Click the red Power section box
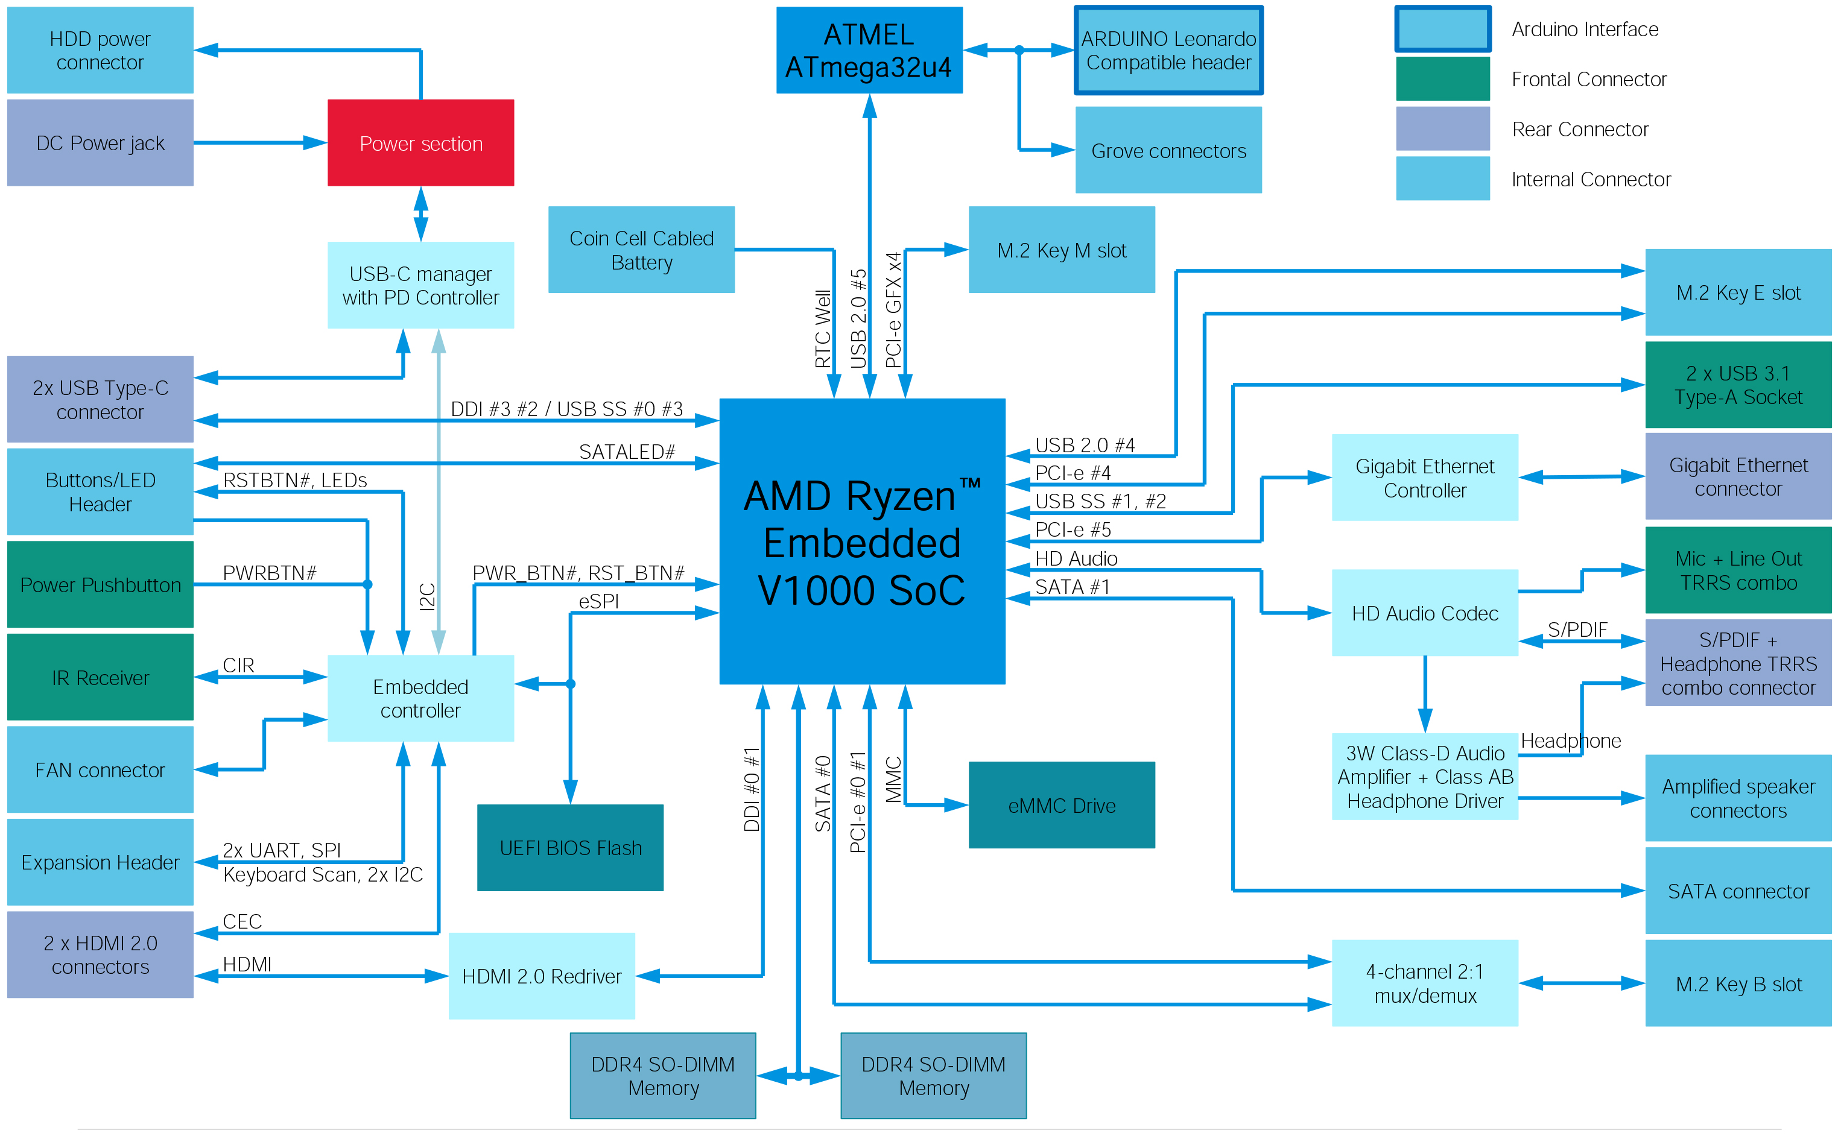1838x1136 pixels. (x=421, y=143)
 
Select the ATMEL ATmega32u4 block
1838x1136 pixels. (x=869, y=50)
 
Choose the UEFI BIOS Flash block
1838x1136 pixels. (x=570, y=848)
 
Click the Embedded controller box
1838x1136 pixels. (x=421, y=699)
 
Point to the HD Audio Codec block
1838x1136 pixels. (x=1425, y=613)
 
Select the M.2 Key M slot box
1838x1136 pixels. (x=1062, y=250)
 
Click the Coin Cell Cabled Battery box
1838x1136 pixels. (x=642, y=250)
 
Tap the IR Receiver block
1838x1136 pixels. (x=101, y=678)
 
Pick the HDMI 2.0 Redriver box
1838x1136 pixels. (x=542, y=976)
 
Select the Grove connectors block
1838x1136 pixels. (x=1168, y=150)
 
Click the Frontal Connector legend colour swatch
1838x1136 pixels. (x=1443, y=79)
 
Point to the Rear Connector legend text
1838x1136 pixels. (x=1580, y=129)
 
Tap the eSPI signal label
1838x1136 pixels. (x=599, y=601)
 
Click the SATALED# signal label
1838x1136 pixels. (x=627, y=452)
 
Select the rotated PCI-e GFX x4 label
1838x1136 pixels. (x=893, y=309)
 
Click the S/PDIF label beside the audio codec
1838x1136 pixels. (x=1577, y=630)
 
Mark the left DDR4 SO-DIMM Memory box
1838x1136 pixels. (x=664, y=1076)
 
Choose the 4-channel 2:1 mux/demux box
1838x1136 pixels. (x=1425, y=983)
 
